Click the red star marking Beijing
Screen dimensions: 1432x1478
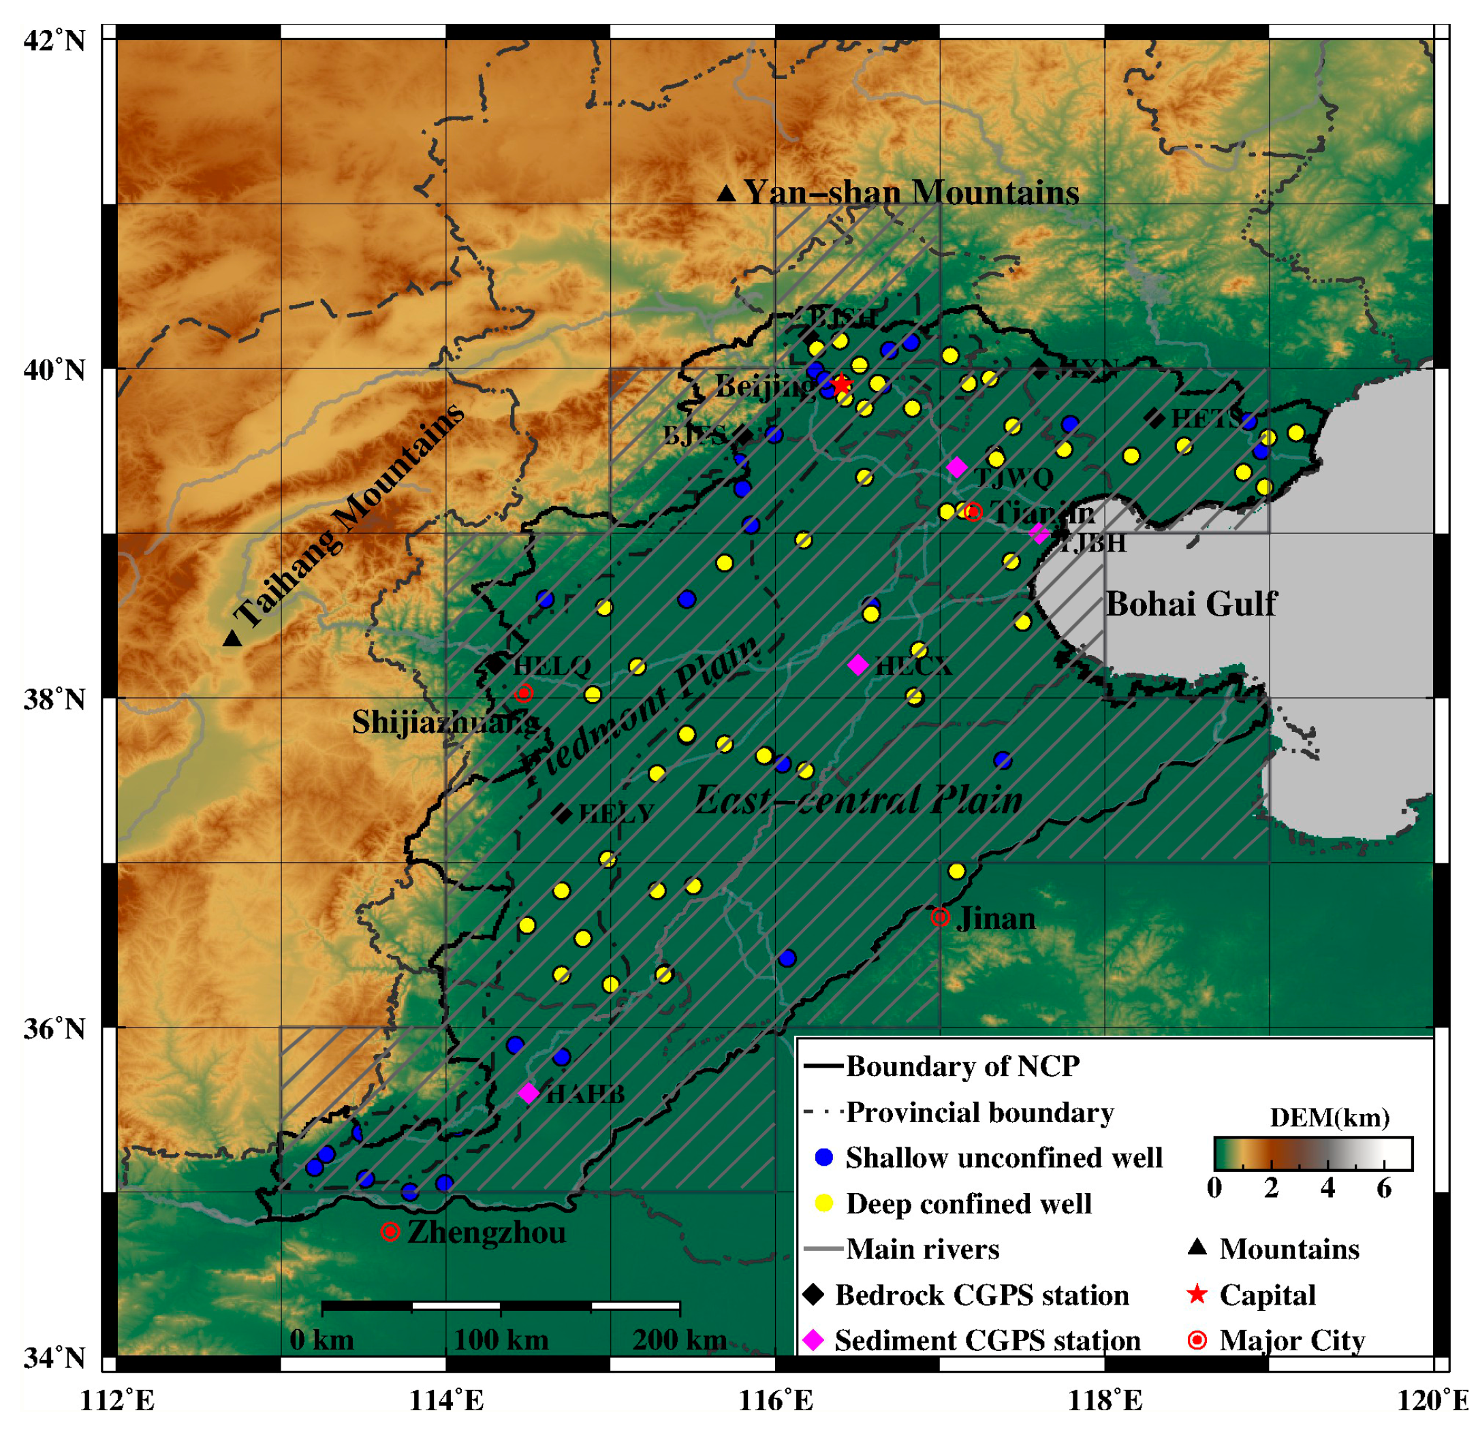click(842, 385)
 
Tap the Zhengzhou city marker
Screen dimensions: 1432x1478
click(390, 1231)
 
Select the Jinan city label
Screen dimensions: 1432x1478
click(995, 919)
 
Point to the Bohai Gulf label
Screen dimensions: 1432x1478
click(1191, 604)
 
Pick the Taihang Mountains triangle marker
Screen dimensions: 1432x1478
click(232, 639)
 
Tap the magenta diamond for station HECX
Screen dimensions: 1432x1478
click(858, 665)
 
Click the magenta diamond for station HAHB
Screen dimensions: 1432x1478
click(529, 1092)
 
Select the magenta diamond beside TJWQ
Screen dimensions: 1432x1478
click(956, 466)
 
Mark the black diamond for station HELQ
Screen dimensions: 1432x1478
click(495, 665)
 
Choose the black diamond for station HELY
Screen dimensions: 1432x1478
click(562, 814)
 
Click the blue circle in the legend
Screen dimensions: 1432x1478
click(824, 1157)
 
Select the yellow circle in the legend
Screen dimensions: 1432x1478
click(824, 1203)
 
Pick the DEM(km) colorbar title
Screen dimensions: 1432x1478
click(1330, 1117)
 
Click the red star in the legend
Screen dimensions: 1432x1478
click(1197, 1294)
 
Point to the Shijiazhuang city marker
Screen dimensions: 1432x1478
click(523, 693)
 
